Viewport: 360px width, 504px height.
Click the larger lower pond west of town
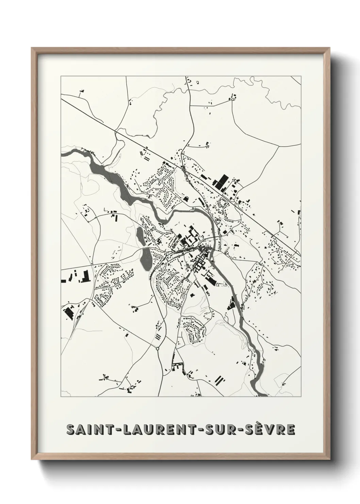145,259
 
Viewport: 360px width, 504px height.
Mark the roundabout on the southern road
158,349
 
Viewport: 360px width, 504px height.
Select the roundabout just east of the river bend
220,236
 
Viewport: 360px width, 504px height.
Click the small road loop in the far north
233,99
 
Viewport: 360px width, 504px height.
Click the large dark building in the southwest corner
69,312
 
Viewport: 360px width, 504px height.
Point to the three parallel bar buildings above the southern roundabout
158,336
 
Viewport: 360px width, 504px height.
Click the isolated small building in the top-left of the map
81,91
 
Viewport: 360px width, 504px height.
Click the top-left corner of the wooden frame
32,49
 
